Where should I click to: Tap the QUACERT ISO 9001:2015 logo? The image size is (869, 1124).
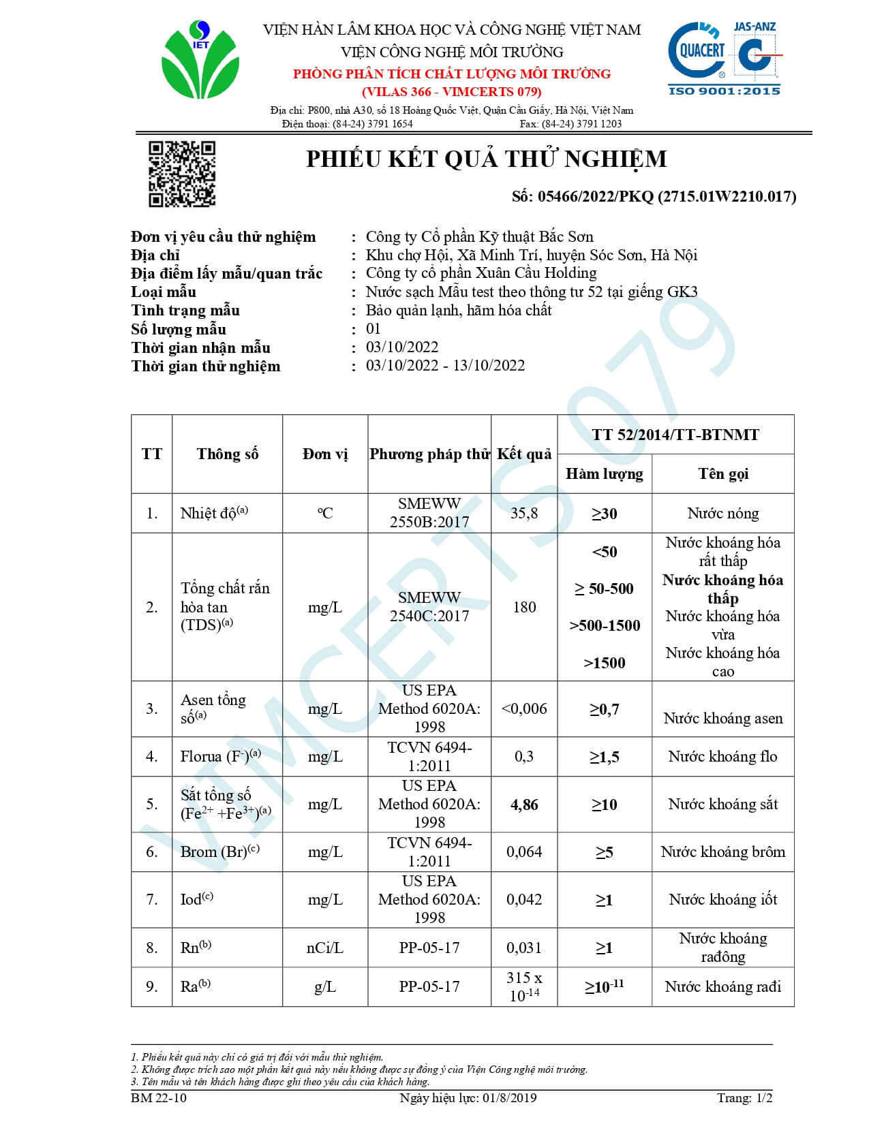pyautogui.click(x=724, y=59)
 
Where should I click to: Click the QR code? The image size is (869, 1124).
pyautogui.click(x=182, y=174)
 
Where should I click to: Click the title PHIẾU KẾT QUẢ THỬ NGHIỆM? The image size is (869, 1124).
pyautogui.click(x=486, y=159)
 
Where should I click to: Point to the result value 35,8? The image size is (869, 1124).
pyautogui.click(x=524, y=513)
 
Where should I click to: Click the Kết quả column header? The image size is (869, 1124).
pyautogui.click(x=524, y=454)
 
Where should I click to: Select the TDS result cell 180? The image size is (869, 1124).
pyautogui.click(x=524, y=607)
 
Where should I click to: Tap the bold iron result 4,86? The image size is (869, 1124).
pyautogui.click(x=524, y=805)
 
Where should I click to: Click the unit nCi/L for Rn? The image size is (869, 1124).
pyautogui.click(x=325, y=948)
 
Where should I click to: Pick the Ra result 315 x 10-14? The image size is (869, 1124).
pyautogui.click(x=524, y=986)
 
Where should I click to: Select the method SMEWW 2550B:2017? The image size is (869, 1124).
pyautogui.click(x=429, y=513)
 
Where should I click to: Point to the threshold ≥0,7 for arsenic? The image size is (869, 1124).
pyautogui.click(x=605, y=709)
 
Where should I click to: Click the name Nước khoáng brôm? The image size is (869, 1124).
pyautogui.click(x=723, y=852)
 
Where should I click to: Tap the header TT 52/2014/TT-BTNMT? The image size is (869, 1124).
pyautogui.click(x=675, y=435)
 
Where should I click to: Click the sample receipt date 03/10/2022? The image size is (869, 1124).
pyautogui.click(x=402, y=347)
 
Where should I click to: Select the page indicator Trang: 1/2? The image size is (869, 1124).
pyautogui.click(x=744, y=1098)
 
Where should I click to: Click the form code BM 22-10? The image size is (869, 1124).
pyautogui.click(x=159, y=1098)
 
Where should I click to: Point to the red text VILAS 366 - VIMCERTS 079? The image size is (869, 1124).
pyautogui.click(x=452, y=92)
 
